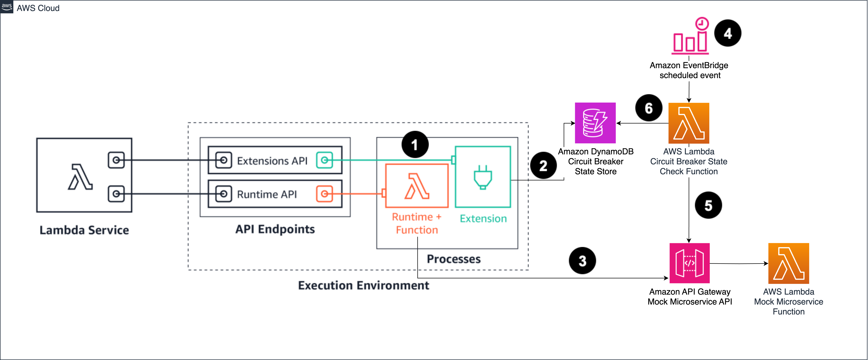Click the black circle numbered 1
click(415, 145)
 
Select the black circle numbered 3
click(582, 261)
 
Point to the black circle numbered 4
click(728, 33)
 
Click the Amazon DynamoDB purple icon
click(595, 123)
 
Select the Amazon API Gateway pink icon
click(689, 263)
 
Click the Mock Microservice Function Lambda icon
click(789, 263)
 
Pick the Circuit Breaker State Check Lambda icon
click(689, 123)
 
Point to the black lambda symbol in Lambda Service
click(80, 177)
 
